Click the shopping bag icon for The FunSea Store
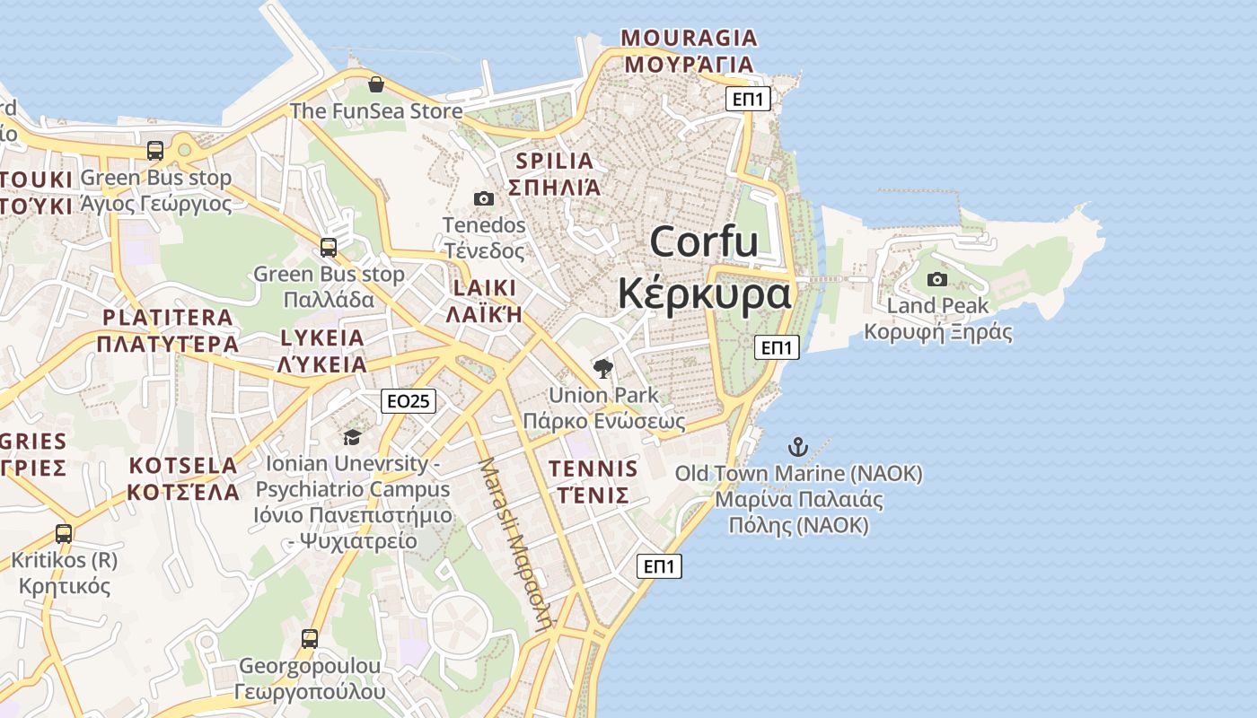(375, 84)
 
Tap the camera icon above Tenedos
(483, 198)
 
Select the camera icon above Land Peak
(936, 279)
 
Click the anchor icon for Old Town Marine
(797, 446)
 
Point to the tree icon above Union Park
(603, 368)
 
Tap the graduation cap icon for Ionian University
(352, 437)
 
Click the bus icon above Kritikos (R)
(64, 533)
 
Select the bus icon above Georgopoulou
(310, 639)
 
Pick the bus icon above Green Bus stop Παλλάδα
(329, 247)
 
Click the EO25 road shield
(409, 401)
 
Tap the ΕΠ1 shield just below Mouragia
(748, 99)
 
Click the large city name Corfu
(704, 242)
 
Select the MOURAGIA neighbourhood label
(690, 38)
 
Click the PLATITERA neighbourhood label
(168, 318)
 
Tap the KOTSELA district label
(183, 466)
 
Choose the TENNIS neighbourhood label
(593, 468)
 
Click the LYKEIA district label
(322, 338)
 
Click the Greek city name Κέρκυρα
(704, 293)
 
